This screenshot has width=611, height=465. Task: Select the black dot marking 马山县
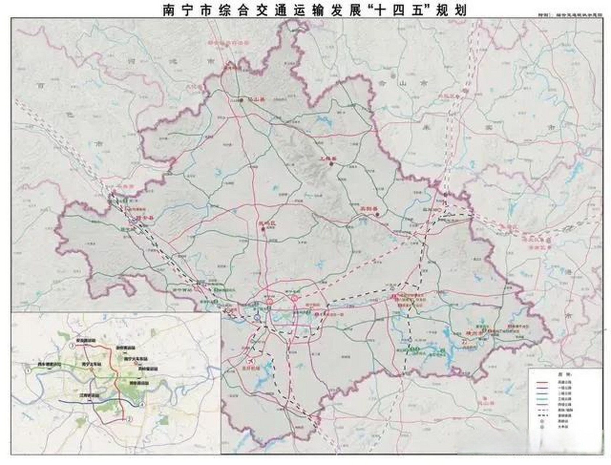point(241,100)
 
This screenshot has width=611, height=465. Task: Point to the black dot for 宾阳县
point(377,214)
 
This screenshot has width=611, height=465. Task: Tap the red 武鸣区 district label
point(267,224)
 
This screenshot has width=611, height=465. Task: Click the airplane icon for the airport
point(250,361)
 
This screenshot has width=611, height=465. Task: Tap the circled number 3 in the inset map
point(72,346)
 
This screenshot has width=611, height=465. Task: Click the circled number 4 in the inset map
point(142,405)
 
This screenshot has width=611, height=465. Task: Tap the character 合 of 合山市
point(381,83)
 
